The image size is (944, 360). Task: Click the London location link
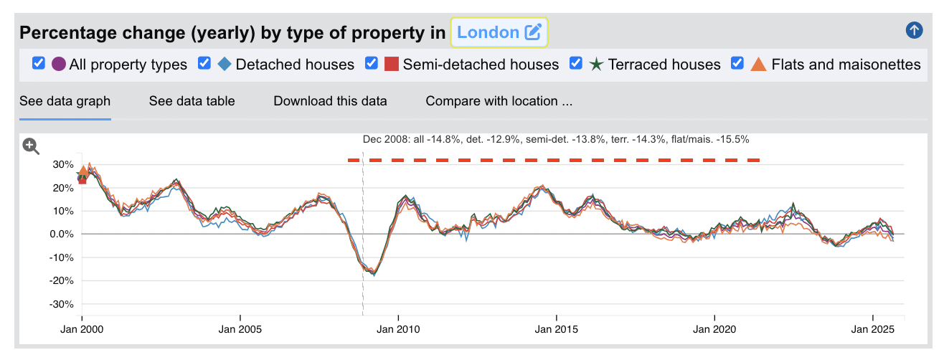[488, 32]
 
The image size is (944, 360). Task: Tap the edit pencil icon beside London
[532, 32]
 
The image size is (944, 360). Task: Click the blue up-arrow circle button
[914, 30]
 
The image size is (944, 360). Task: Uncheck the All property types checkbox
[39, 64]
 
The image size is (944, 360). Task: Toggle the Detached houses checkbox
[204, 64]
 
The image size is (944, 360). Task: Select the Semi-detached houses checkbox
[372, 64]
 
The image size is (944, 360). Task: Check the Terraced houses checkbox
[576, 64]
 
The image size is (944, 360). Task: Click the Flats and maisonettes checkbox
[737, 64]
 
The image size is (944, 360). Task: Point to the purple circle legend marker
[59, 65]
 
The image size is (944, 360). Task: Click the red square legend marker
[391, 65]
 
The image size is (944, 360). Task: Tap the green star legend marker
[596, 65]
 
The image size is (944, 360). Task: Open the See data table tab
[192, 101]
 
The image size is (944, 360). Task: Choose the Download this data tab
[330, 101]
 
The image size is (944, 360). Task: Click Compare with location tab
[499, 101]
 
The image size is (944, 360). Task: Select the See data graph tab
[65, 101]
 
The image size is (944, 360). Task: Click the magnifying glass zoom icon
[31, 146]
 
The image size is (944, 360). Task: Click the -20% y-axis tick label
[61, 281]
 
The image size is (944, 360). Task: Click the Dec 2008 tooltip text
[556, 140]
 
